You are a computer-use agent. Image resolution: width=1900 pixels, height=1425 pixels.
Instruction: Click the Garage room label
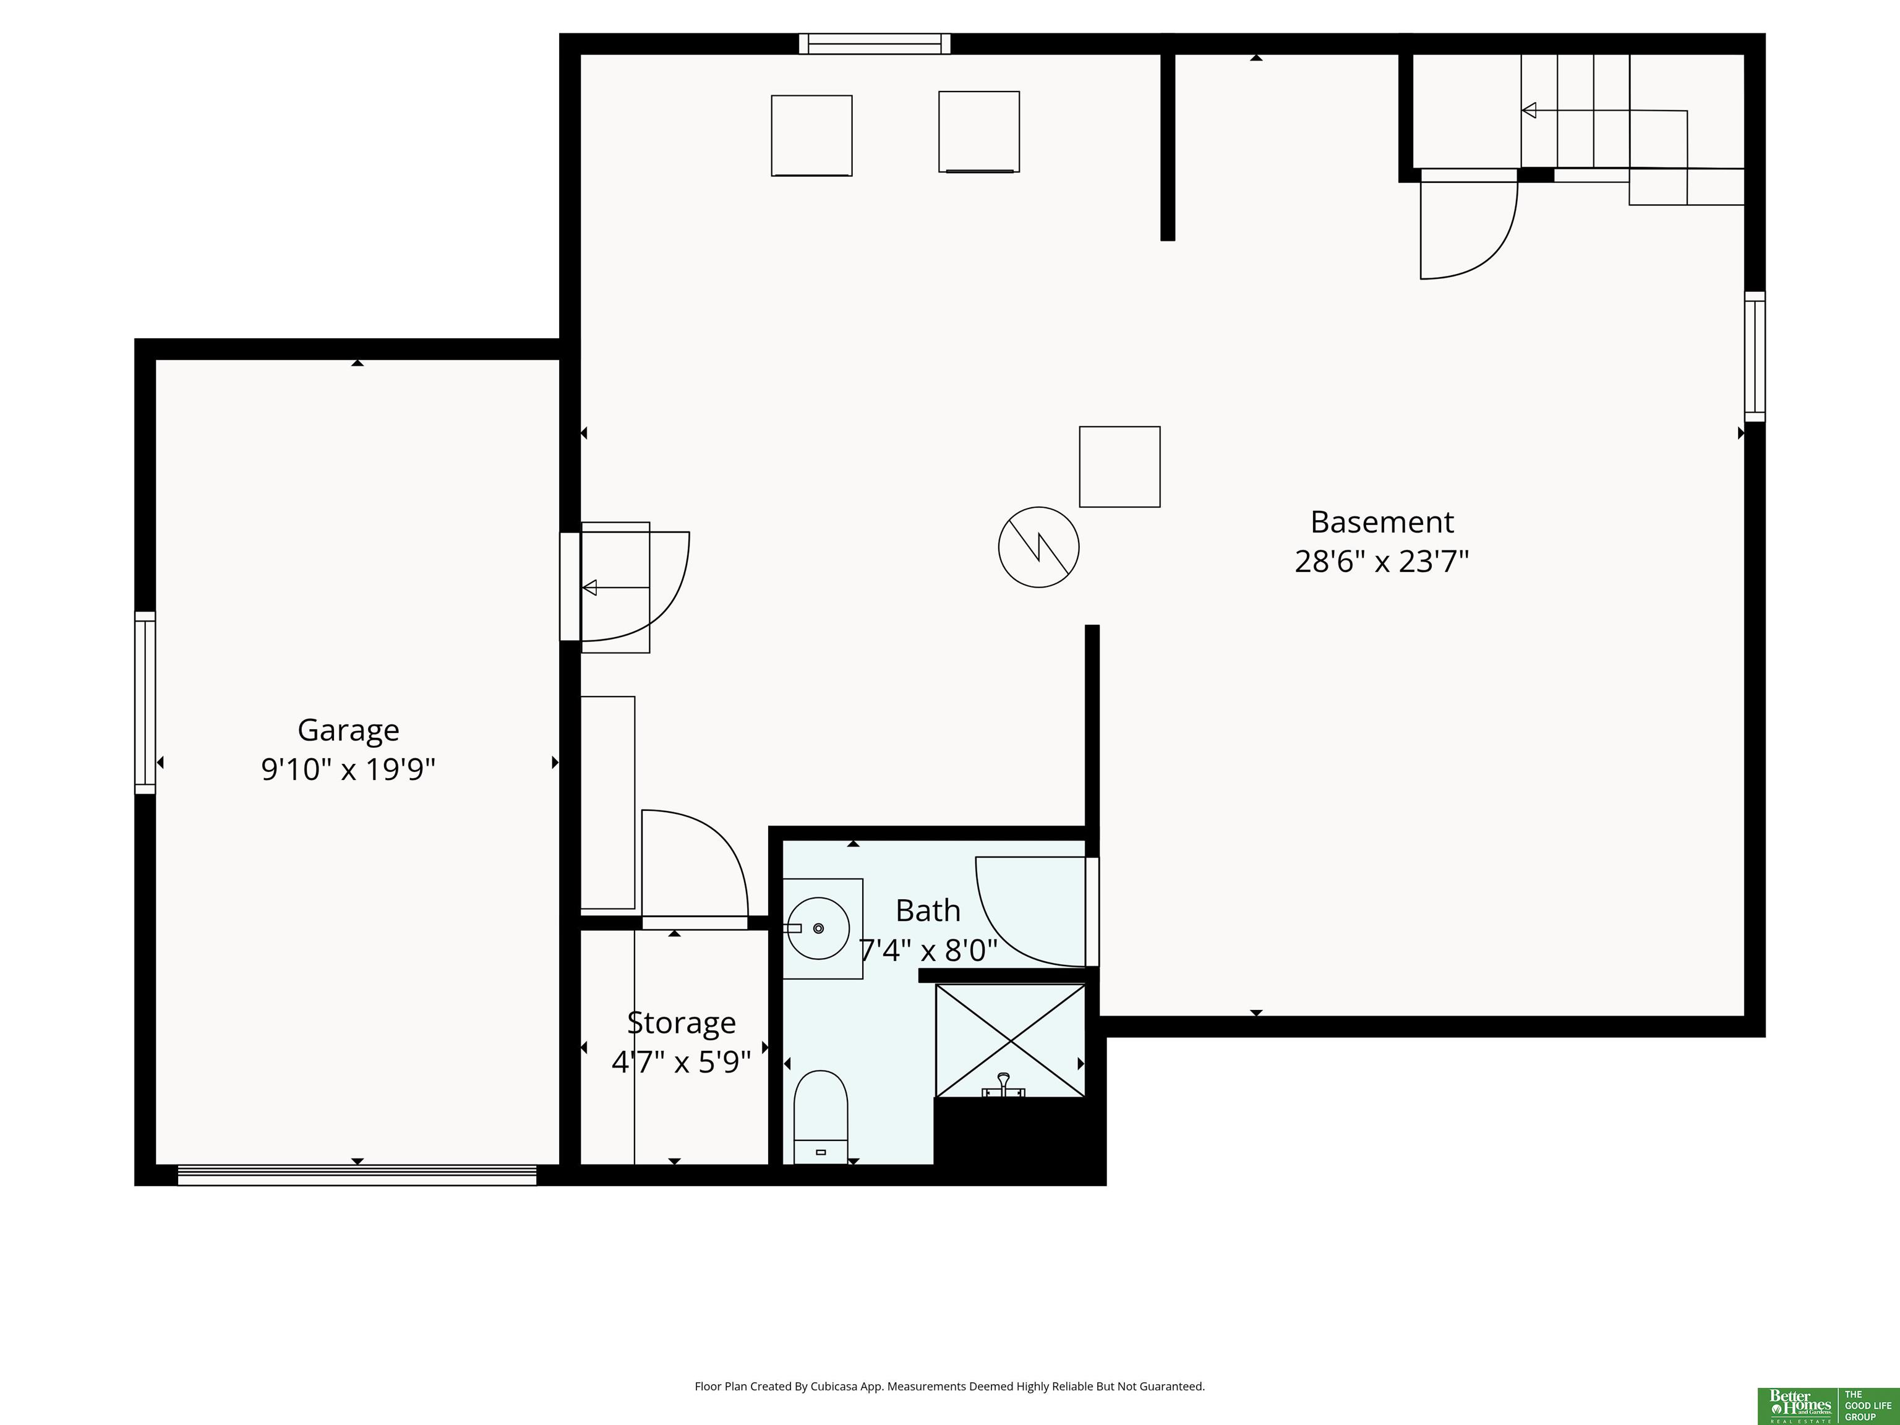pos(348,730)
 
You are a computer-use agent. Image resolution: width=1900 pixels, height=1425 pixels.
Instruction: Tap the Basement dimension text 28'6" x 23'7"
pos(1381,562)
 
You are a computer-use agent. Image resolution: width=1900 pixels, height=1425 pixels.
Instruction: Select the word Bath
pos(928,910)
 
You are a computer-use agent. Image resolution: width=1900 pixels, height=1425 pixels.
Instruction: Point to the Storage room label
pos(681,1023)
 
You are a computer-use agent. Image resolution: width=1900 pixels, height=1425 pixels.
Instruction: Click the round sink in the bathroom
pos(819,928)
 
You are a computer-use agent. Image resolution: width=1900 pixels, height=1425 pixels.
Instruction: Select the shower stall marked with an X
pos(1010,1041)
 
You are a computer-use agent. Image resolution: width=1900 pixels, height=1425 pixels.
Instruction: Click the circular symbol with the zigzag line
pos(1038,547)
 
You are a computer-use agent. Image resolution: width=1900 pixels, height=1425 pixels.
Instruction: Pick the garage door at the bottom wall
pos(357,1175)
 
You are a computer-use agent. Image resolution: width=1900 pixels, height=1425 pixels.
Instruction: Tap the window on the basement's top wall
pos(875,44)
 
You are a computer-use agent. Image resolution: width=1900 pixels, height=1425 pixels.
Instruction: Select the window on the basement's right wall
pos(1755,356)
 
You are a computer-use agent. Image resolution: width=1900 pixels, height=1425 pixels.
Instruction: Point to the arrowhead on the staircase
pos(1529,110)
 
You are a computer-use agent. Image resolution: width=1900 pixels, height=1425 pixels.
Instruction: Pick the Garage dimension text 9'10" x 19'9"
pos(348,769)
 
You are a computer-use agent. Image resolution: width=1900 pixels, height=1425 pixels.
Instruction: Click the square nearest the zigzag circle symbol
pos(1119,466)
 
